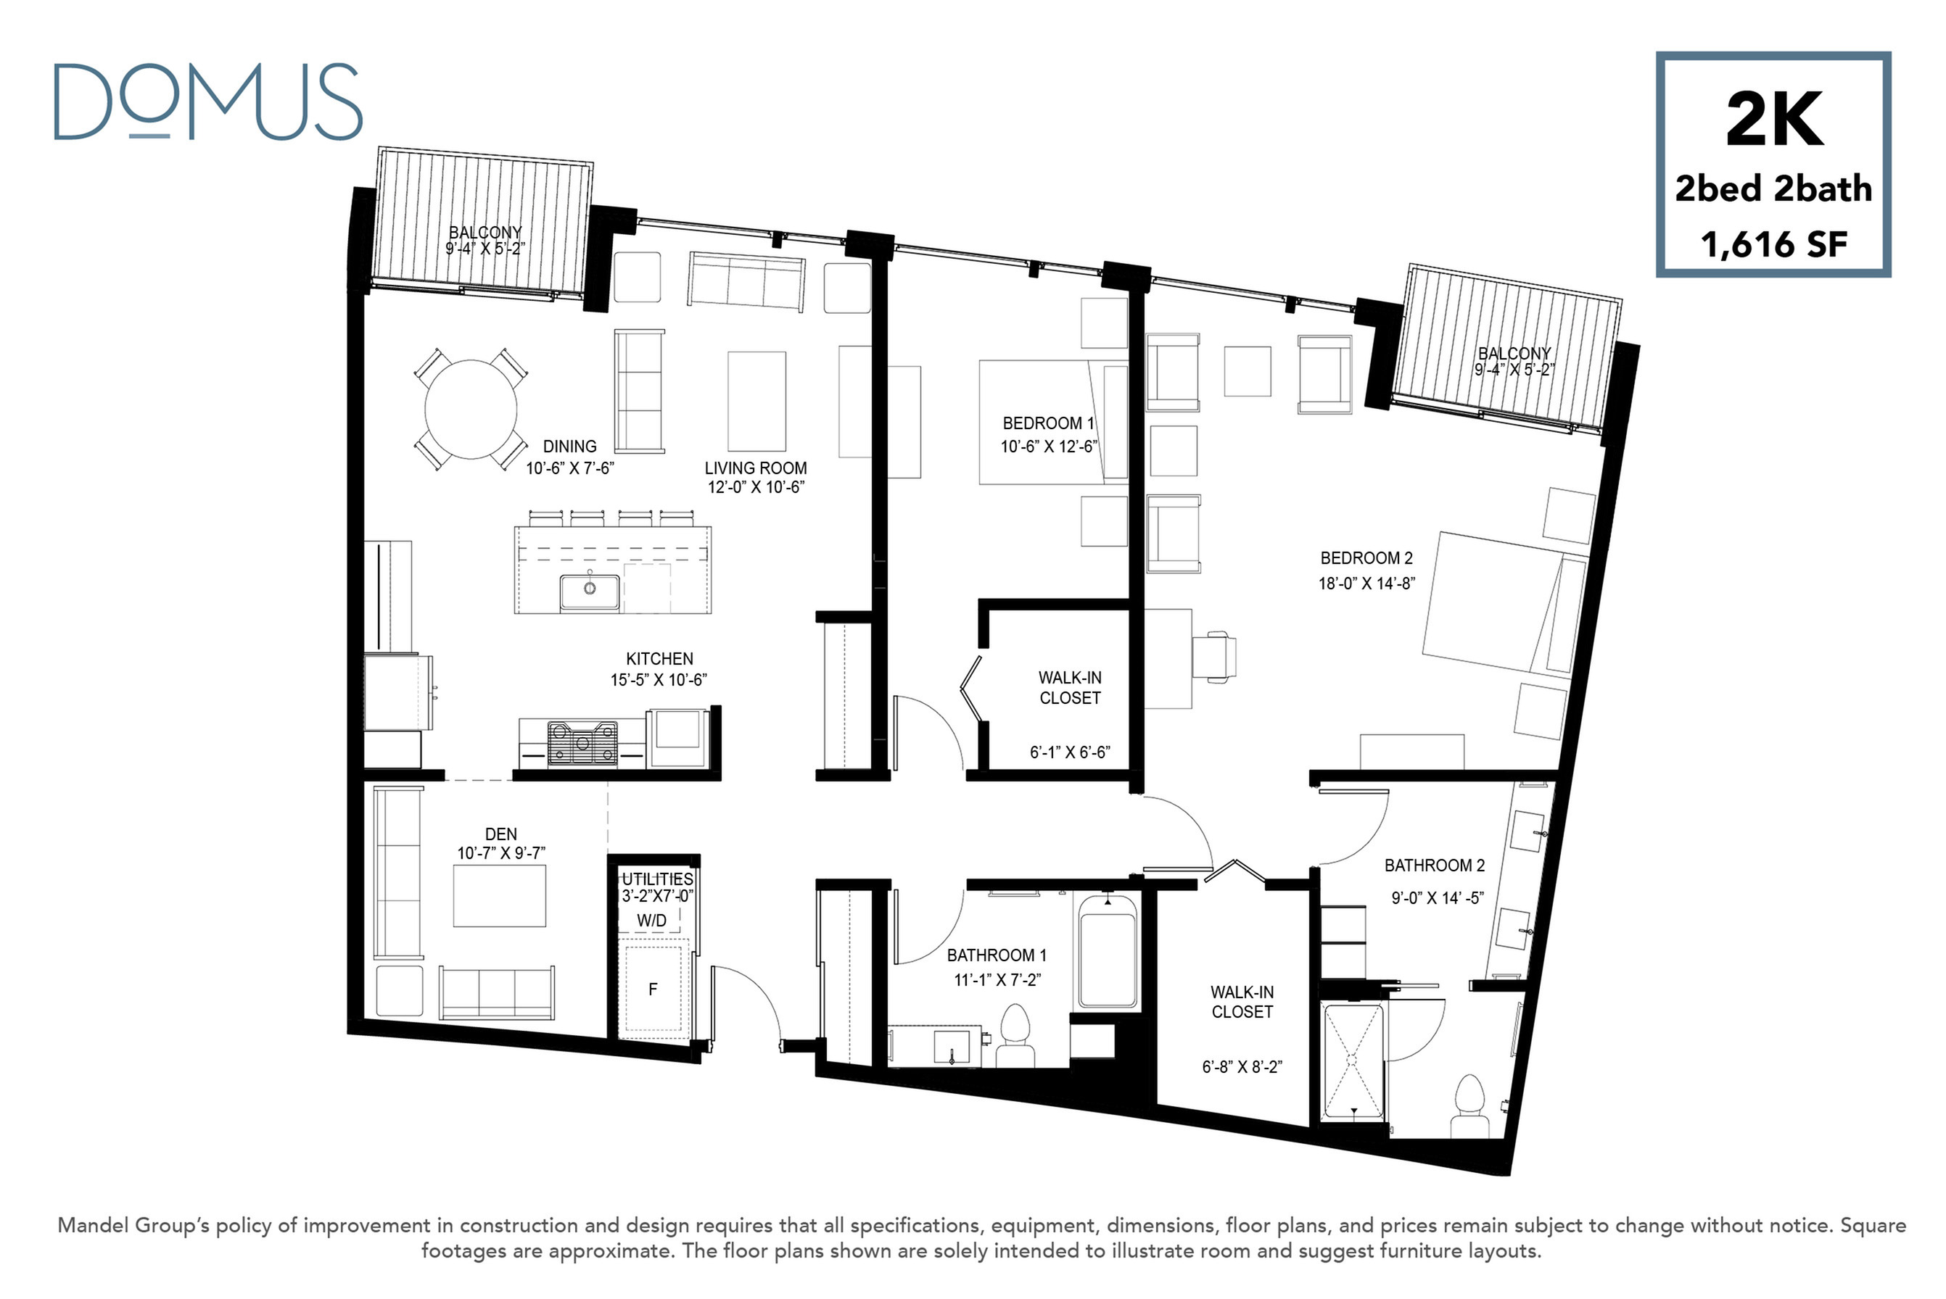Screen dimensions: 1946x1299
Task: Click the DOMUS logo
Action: click(x=208, y=102)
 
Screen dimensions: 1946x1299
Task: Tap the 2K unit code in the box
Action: click(x=1773, y=120)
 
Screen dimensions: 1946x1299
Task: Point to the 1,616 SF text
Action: click(x=1773, y=244)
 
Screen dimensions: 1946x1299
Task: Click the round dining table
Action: click(x=471, y=410)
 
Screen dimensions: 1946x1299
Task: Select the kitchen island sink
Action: click(x=589, y=592)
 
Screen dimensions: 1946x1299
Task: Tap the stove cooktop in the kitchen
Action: click(x=582, y=741)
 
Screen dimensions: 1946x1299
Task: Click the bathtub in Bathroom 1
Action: click(x=1108, y=950)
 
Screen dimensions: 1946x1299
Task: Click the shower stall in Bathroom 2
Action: click(x=1353, y=1062)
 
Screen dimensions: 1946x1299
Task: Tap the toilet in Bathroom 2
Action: click(x=1469, y=1107)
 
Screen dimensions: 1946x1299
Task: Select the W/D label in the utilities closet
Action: click(x=651, y=921)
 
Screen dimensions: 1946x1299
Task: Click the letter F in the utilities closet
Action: click(x=653, y=989)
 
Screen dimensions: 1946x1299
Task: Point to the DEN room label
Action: click(x=501, y=834)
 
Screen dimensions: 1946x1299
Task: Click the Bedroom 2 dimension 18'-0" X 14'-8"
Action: click(x=1366, y=584)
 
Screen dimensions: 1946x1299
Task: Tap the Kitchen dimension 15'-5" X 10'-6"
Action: click(x=659, y=680)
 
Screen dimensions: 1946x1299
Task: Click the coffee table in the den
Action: click(x=500, y=895)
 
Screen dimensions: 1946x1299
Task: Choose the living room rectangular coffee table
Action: click(x=756, y=401)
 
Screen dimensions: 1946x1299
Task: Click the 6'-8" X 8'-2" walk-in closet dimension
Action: click(x=1242, y=1067)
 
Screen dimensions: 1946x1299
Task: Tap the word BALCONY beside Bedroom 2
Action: click(x=1514, y=354)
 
